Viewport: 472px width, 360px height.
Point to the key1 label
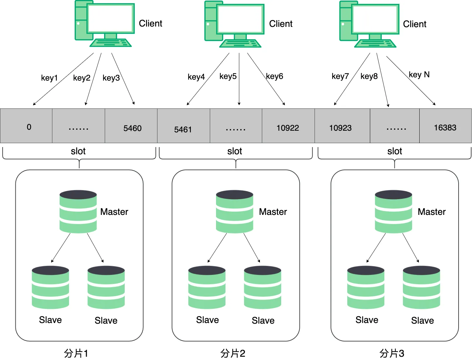[49, 78]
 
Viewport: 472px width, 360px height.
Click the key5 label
[228, 76]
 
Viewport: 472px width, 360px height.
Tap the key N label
[419, 75]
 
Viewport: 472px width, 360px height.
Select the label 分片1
[76, 353]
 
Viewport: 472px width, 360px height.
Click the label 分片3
[392, 353]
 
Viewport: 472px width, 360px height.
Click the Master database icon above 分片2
[234, 212]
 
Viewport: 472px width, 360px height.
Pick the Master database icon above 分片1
[78, 212]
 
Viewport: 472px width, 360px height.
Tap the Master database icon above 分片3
[393, 212]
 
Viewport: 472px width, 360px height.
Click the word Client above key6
[281, 24]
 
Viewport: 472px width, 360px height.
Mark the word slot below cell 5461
[235, 151]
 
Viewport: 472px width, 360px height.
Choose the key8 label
[369, 76]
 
